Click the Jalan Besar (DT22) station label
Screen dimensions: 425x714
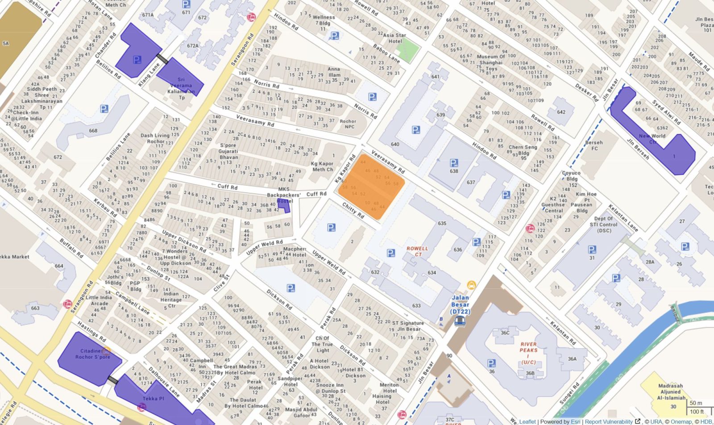460,304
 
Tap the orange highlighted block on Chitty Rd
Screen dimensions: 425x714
371,187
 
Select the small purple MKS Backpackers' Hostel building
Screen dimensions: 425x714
284,205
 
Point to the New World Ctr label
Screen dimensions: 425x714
652,139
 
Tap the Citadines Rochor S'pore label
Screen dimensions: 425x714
92,354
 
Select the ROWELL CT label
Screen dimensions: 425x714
417,251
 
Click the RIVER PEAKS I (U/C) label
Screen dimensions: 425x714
528,353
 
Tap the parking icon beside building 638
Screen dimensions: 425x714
454,163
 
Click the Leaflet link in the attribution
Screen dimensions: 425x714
527,421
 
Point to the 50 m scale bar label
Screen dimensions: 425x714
696,403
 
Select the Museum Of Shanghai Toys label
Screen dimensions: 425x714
491,62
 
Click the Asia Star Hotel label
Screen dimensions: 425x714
394,38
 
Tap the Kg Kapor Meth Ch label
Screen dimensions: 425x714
322,167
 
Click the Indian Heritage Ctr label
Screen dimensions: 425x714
171,300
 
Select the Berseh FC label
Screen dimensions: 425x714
594,146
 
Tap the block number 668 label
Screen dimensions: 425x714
93,131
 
